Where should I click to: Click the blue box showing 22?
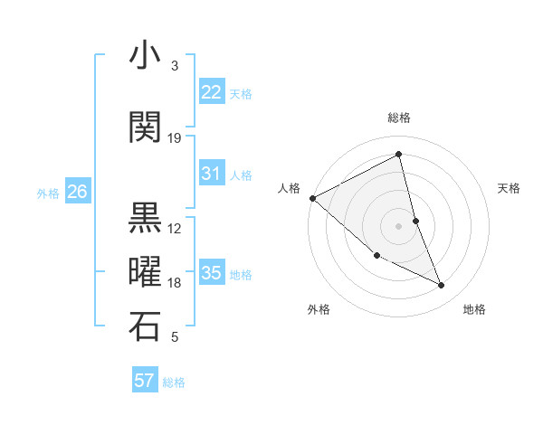[x=212, y=92]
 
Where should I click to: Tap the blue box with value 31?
[x=212, y=174]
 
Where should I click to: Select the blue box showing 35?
[x=212, y=273]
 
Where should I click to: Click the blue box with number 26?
[x=78, y=192]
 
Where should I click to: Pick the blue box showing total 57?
[x=145, y=381]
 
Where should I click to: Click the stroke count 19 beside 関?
[x=175, y=137]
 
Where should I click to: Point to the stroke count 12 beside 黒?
[x=175, y=228]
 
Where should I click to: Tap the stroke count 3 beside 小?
[x=175, y=66]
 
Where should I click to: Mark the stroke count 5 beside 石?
[x=175, y=337]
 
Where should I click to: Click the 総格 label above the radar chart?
[x=398, y=118]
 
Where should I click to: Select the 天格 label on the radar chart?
[x=510, y=188]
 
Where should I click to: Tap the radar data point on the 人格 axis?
[x=312, y=197]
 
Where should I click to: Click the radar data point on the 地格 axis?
[x=442, y=286]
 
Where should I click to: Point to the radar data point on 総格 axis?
[x=398, y=155]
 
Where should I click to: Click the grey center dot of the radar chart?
[x=398, y=225]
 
